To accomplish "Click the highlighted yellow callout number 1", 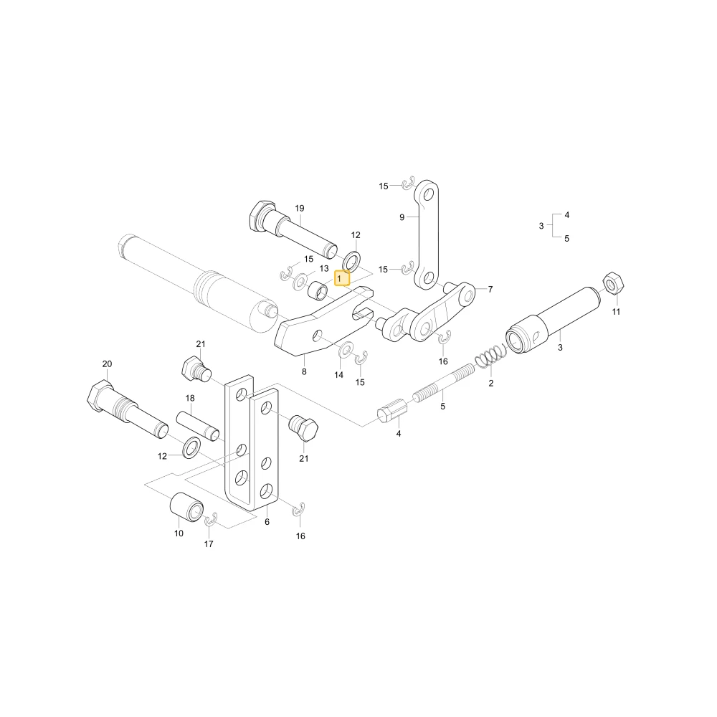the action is point(342,278).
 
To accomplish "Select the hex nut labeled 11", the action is point(613,283).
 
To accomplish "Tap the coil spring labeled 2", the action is point(490,356).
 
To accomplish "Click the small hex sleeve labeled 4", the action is point(392,410).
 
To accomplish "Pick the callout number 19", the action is point(300,209).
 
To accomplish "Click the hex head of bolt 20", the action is point(100,397).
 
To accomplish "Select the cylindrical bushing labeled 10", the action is point(186,507).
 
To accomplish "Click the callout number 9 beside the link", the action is point(402,217).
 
